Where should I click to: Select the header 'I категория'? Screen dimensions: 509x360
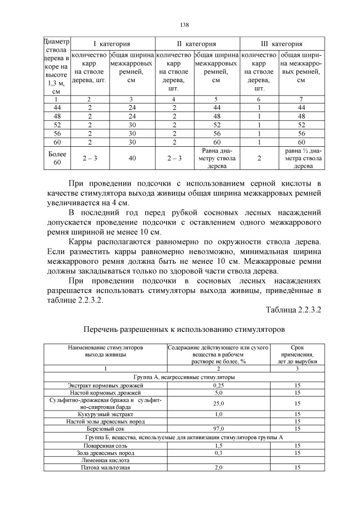coord(112,44)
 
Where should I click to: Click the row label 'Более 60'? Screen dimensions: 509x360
coord(56,159)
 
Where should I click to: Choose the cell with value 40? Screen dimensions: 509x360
coord(132,159)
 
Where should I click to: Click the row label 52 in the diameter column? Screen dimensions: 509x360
coord(56,125)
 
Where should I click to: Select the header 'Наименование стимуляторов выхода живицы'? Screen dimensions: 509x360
coord(105,352)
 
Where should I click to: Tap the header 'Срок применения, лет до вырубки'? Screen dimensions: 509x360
coord(298,355)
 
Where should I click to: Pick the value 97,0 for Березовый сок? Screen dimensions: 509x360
coord(218,428)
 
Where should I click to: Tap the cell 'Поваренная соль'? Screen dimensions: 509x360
coord(105,445)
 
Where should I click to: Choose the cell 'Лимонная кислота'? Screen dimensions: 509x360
coord(105,460)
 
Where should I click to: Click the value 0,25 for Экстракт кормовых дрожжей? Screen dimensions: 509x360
coord(218,385)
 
